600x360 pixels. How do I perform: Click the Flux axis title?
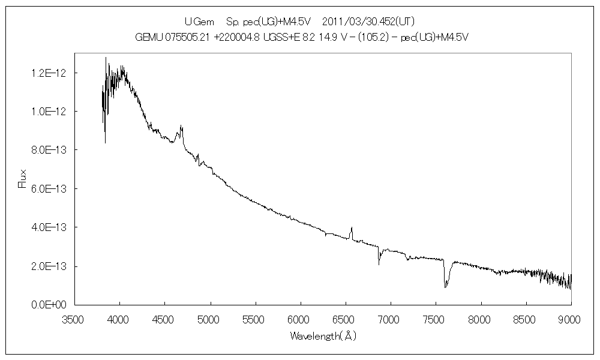pyautogui.click(x=23, y=179)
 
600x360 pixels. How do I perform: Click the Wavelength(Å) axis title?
pyautogui.click(x=323, y=337)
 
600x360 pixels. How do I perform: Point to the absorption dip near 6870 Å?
pyautogui.click(x=379, y=263)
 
